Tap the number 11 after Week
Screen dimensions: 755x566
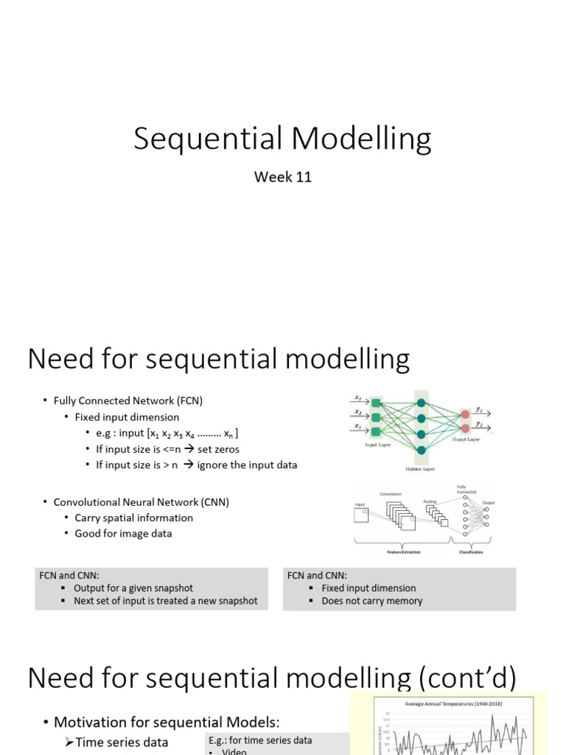coord(303,177)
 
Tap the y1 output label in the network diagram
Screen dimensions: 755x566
coord(480,408)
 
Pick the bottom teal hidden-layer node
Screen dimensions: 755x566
coord(422,450)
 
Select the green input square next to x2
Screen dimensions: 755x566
coord(377,417)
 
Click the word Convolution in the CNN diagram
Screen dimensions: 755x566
coord(391,494)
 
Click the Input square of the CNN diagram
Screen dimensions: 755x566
coord(361,515)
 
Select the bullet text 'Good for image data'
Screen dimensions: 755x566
coord(123,533)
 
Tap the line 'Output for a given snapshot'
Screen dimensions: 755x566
coord(133,588)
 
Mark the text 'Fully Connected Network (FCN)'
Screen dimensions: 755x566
coord(127,401)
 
